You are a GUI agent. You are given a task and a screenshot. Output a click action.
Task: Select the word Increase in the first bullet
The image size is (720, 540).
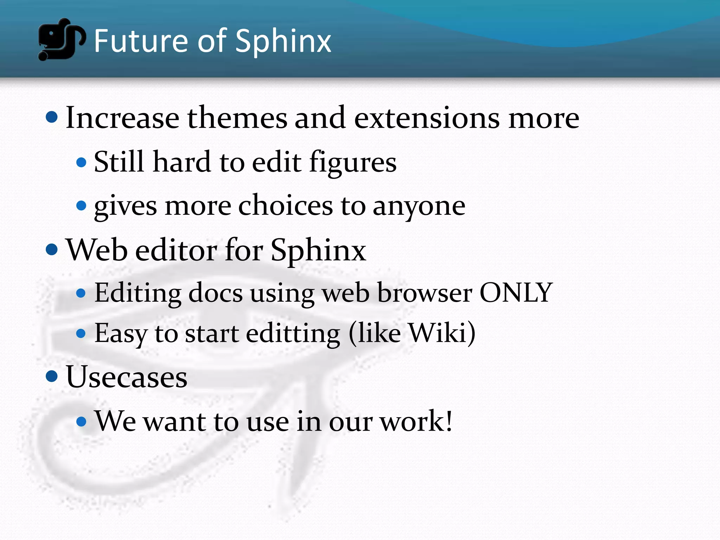(x=122, y=118)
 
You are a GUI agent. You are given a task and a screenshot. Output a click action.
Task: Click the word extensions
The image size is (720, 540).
(x=427, y=118)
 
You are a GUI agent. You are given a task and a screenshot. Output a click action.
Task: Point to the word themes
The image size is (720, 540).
(x=237, y=118)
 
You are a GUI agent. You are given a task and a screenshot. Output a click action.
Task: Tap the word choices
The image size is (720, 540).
(x=285, y=206)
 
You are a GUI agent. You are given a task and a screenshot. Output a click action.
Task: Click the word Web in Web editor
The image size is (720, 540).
(x=97, y=250)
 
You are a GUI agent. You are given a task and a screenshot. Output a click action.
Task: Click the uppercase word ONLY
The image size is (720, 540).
(x=516, y=292)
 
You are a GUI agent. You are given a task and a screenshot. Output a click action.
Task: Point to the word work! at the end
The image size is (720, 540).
(x=417, y=421)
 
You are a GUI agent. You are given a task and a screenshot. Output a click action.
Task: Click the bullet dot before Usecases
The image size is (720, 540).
(x=52, y=376)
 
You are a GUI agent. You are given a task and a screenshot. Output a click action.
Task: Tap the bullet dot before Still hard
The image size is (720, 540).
(x=81, y=162)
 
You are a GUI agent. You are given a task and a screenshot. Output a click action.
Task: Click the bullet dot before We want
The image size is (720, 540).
(x=81, y=421)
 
